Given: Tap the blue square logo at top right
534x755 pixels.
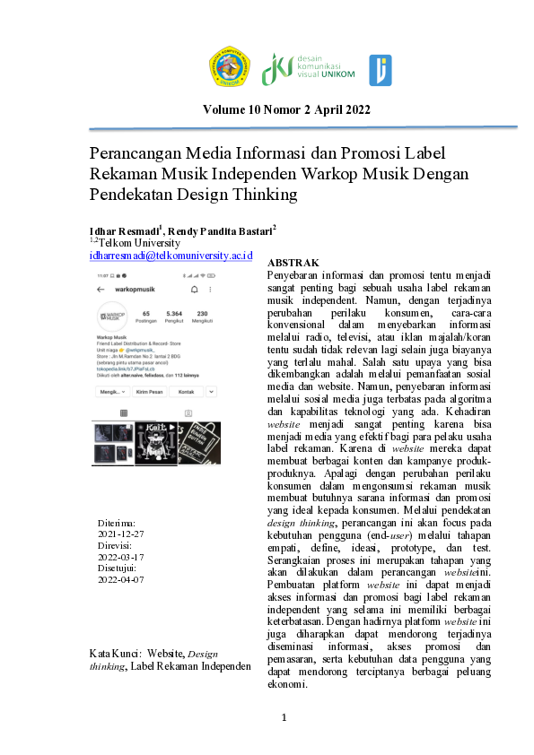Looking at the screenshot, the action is (380, 70).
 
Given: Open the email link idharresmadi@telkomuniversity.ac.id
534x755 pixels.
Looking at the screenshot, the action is (171, 256).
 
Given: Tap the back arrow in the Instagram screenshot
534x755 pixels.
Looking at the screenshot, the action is (101, 291).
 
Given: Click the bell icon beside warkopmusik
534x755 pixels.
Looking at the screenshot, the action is (194, 291).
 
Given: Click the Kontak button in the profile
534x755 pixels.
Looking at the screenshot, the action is (187, 392).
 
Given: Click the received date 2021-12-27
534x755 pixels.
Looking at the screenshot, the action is (120, 533).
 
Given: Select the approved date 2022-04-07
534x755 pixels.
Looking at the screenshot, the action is (120, 579).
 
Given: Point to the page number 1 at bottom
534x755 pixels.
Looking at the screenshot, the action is (284, 717).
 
